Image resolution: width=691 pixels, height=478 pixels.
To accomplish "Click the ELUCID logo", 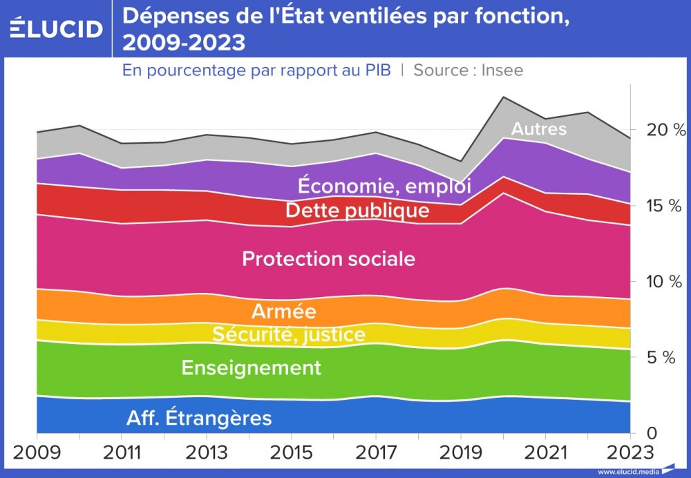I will pos(57,28).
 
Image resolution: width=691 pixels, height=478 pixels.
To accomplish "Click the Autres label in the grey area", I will pos(538,129).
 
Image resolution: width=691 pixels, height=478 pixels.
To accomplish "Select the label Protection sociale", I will pos(328,259).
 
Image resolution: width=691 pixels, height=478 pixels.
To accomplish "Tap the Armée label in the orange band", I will pos(283,311).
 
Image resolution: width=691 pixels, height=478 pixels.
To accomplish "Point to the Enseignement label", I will pos(251,367).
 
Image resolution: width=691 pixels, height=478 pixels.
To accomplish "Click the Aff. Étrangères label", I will pos(199,418).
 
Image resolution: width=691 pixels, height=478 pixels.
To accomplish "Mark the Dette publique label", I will pos(357,210).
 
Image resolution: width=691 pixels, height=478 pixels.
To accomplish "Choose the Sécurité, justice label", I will pos(288,335).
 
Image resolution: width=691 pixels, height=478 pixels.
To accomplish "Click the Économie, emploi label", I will pos(384,186).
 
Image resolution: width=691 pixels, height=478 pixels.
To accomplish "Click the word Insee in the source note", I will pos(502,70).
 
